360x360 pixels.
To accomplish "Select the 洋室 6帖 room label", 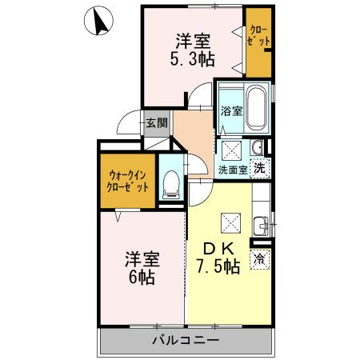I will coord(141,269).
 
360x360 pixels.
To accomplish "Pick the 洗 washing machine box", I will coord(259,168).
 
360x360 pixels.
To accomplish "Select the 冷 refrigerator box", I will coord(260,259).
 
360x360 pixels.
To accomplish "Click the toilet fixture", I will coord(170,186).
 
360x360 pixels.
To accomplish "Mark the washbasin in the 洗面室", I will coord(258,147).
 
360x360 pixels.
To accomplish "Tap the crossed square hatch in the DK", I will coord(232,221).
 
